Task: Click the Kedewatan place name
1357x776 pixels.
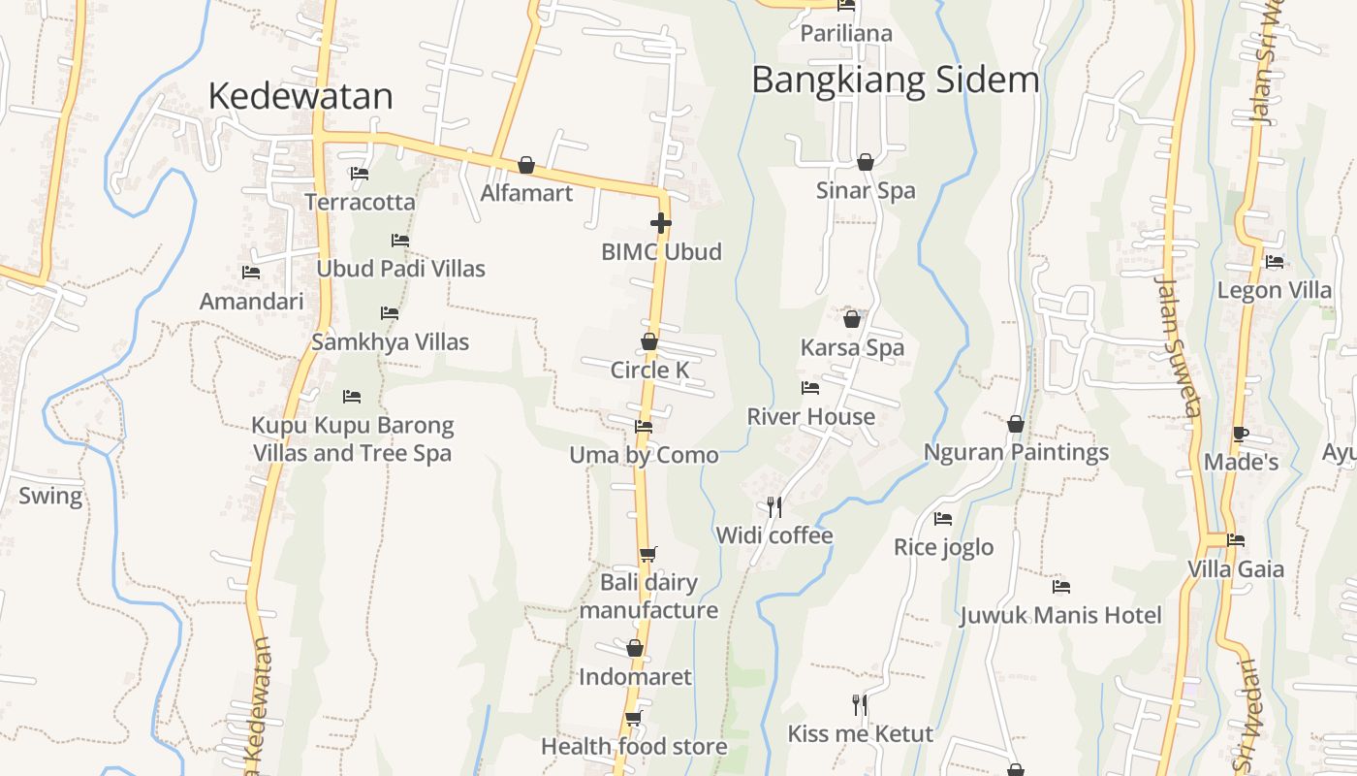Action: pyautogui.click(x=300, y=96)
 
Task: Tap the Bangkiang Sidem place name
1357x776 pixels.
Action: pyautogui.click(x=895, y=80)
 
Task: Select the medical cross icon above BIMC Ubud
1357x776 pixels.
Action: pyautogui.click(x=661, y=223)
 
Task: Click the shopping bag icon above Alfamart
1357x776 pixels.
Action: pyautogui.click(x=526, y=165)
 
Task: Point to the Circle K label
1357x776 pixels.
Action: pyautogui.click(x=649, y=370)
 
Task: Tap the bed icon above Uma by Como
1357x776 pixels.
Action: pyautogui.click(x=643, y=426)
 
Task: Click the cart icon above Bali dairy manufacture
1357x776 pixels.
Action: pyautogui.click(x=647, y=554)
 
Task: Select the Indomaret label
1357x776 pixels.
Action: pyautogui.click(x=635, y=676)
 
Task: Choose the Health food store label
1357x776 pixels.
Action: pyautogui.click(x=634, y=746)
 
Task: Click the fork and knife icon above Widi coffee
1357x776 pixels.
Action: pyautogui.click(x=773, y=506)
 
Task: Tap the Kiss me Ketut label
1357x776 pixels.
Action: pyautogui.click(x=860, y=733)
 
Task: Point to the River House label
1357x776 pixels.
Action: pyautogui.click(x=810, y=416)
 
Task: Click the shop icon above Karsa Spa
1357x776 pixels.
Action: pyautogui.click(x=852, y=318)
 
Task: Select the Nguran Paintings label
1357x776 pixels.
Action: pyautogui.click(x=1016, y=452)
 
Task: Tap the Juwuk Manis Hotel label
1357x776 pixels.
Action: pyautogui.click(x=1060, y=615)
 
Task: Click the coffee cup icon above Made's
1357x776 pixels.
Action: pyautogui.click(x=1240, y=434)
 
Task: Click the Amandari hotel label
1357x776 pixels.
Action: pyautogui.click(x=251, y=301)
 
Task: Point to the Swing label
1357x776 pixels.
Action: pyautogui.click(x=50, y=496)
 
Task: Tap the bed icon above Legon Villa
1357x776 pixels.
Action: pyautogui.click(x=1274, y=261)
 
